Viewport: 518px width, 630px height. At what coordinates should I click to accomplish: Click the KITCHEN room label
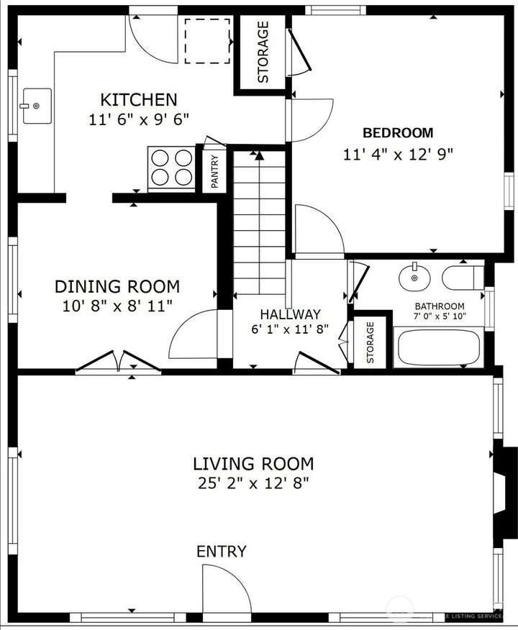(x=139, y=99)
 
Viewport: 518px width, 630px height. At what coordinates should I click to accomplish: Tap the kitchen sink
(x=37, y=106)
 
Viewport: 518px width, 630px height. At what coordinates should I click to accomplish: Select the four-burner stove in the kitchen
(x=172, y=168)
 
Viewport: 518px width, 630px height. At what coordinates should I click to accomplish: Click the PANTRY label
(x=214, y=172)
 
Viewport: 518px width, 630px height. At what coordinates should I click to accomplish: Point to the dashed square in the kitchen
(x=207, y=41)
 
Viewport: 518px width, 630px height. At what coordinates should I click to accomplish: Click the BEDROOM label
(x=398, y=132)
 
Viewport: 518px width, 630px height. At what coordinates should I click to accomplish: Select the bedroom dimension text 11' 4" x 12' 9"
(x=398, y=155)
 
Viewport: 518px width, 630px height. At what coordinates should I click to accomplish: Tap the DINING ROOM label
(x=117, y=286)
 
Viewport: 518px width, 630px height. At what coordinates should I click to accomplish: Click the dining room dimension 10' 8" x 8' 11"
(x=117, y=306)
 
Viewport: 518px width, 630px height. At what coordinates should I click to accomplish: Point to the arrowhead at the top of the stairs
(x=259, y=155)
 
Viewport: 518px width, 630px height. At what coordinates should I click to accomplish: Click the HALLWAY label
(x=290, y=314)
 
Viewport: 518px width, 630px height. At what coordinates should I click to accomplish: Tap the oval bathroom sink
(x=414, y=277)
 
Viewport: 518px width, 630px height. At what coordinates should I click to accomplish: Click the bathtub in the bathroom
(x=438, y=347)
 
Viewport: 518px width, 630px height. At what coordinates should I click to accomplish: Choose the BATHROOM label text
(x=440, y=306)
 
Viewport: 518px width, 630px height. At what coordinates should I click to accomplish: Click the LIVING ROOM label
(x=253, y=464)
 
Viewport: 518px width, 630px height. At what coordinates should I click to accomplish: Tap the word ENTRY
(x=221, y=552)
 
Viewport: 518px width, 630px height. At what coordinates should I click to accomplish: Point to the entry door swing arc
(x=238, y=575)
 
